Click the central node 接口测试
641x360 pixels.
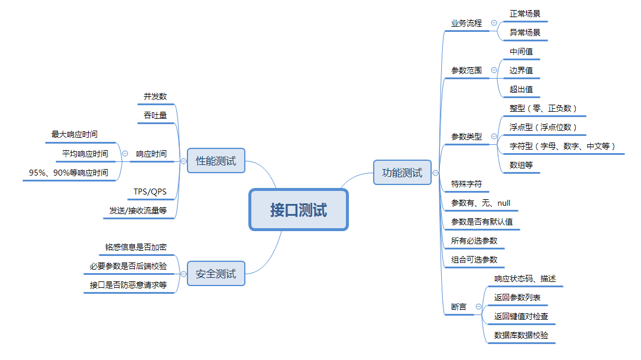click(x=299, y=209)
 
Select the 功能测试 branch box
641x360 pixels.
click(x=402, y=173)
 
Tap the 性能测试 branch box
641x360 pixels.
click(x=216, y=161)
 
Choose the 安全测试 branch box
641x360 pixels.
click(x=216, y=274)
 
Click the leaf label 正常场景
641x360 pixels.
click(x=525, y=13)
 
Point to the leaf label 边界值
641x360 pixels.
click(x=521, y=70)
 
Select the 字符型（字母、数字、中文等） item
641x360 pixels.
click(x=562, y=146)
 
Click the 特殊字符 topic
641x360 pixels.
click(x=467, y=184)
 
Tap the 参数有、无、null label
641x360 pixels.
click(x=480, y=203)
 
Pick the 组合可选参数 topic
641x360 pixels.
click(x=474, y=260)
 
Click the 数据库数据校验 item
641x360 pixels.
click(x=521, y=335)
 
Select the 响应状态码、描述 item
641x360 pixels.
click(x=525, y=278)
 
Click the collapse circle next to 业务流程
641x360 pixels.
click(x=494, y=23)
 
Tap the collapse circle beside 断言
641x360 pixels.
click(x=478, y=307)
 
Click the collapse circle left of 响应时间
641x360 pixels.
click(x=125, y=154)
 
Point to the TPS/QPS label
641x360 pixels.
click(x=150, y=192)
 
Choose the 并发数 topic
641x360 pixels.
click(x=155, y=96)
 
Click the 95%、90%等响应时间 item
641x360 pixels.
click(x=69, y=173)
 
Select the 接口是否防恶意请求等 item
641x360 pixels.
click(x=128, y=285)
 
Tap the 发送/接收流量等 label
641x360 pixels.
click(x=138, y=210)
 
